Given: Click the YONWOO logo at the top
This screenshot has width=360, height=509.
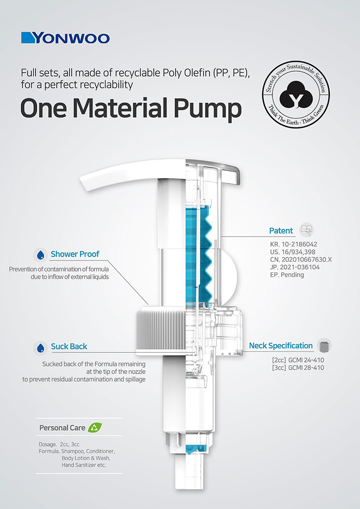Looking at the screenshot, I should click(65, 38).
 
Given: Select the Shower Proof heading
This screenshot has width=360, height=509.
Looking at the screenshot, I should click(75, 254).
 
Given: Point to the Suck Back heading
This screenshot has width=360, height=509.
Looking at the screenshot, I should click(69, 346).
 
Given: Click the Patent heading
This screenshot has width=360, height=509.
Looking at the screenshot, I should click(281, 231).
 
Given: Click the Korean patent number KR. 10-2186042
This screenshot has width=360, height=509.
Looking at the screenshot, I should click(293, 244).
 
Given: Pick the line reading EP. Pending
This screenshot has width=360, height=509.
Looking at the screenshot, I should click(286, 275).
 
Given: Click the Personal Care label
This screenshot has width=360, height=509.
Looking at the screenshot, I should click(62, 428).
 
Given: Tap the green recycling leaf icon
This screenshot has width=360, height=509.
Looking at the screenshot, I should click(94, 427).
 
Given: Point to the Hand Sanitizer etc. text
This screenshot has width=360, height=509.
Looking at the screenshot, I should click(84, 465).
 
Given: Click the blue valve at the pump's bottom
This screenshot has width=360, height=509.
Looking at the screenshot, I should click(195, 449).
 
